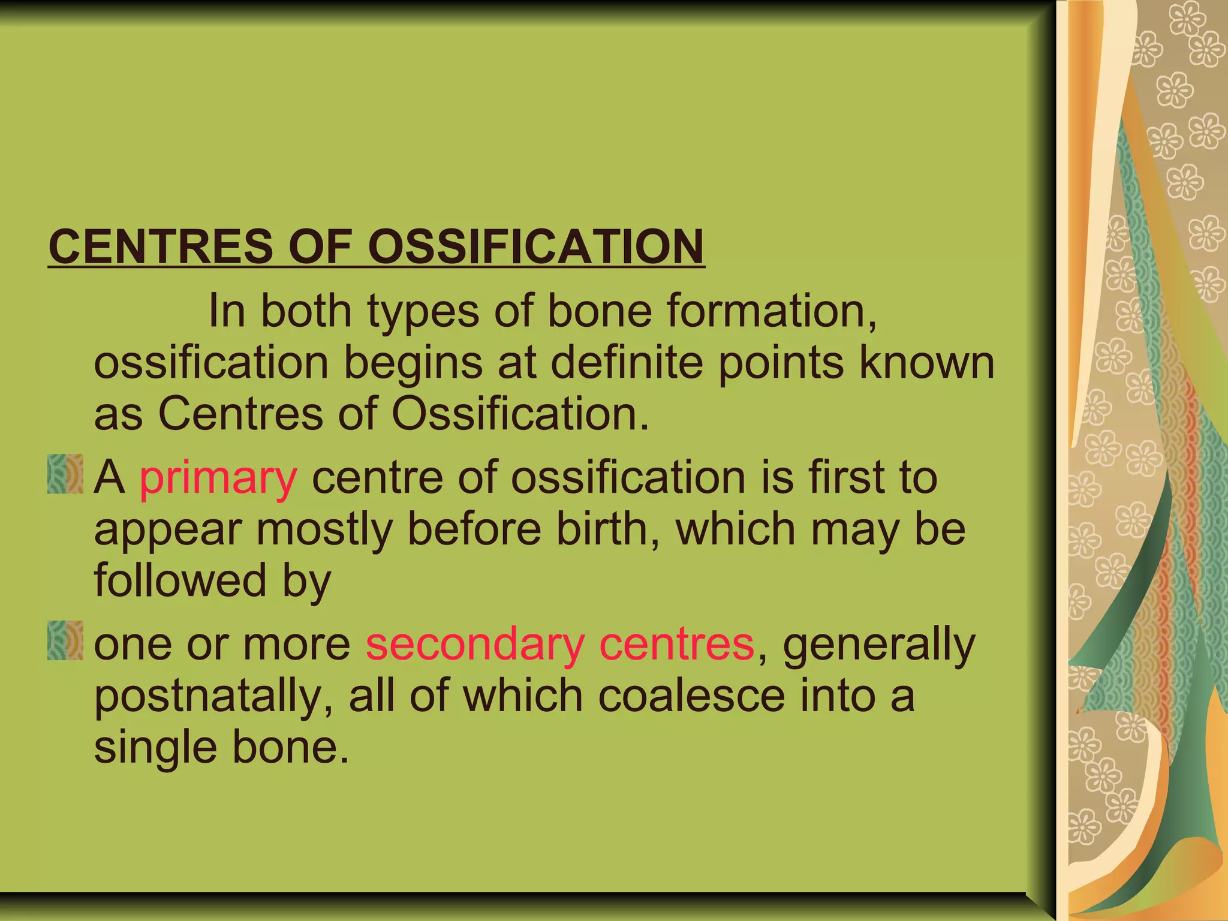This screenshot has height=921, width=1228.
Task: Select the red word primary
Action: tap(218, 478)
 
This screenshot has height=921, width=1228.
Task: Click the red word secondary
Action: tap(475, 645)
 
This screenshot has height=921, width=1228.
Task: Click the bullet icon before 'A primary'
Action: tap(65, 474)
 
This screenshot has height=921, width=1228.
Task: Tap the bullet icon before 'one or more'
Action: tap(65, 641)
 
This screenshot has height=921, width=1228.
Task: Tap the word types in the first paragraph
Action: tap(423, 312)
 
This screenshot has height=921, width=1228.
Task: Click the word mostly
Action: tap(324, 530)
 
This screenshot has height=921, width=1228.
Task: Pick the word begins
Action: tap(413, 363)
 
